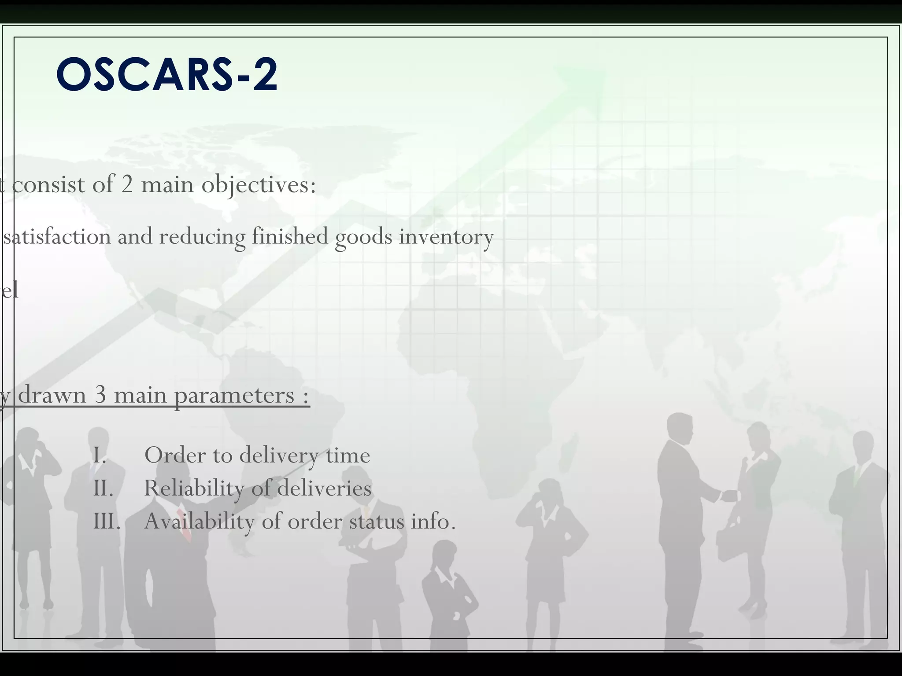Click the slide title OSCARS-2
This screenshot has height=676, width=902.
(167, 74)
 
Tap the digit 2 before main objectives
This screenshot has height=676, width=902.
(127, 184)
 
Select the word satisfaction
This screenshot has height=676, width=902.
(57, 236)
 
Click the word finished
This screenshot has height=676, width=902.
(290, 236)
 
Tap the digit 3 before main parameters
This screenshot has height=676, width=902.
(100, 395)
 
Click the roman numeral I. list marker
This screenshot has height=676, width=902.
(100, 455)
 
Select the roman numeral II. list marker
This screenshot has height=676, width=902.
(104, 488)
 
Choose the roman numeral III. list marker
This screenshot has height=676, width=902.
(107, 522)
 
